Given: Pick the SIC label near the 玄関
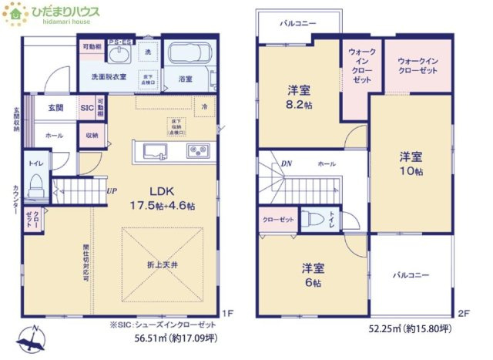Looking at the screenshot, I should pyautogui.click(x=87, y=109).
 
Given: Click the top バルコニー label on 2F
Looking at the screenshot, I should pyautogui.click(x=298, y=24).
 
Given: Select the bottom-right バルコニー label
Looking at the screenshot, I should pyautogui.click(x=410, y=274).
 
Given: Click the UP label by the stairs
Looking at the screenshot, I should pyautogui.click(x=111, y=191).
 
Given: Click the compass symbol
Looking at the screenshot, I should pyautogui.click(x=30, y=339).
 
